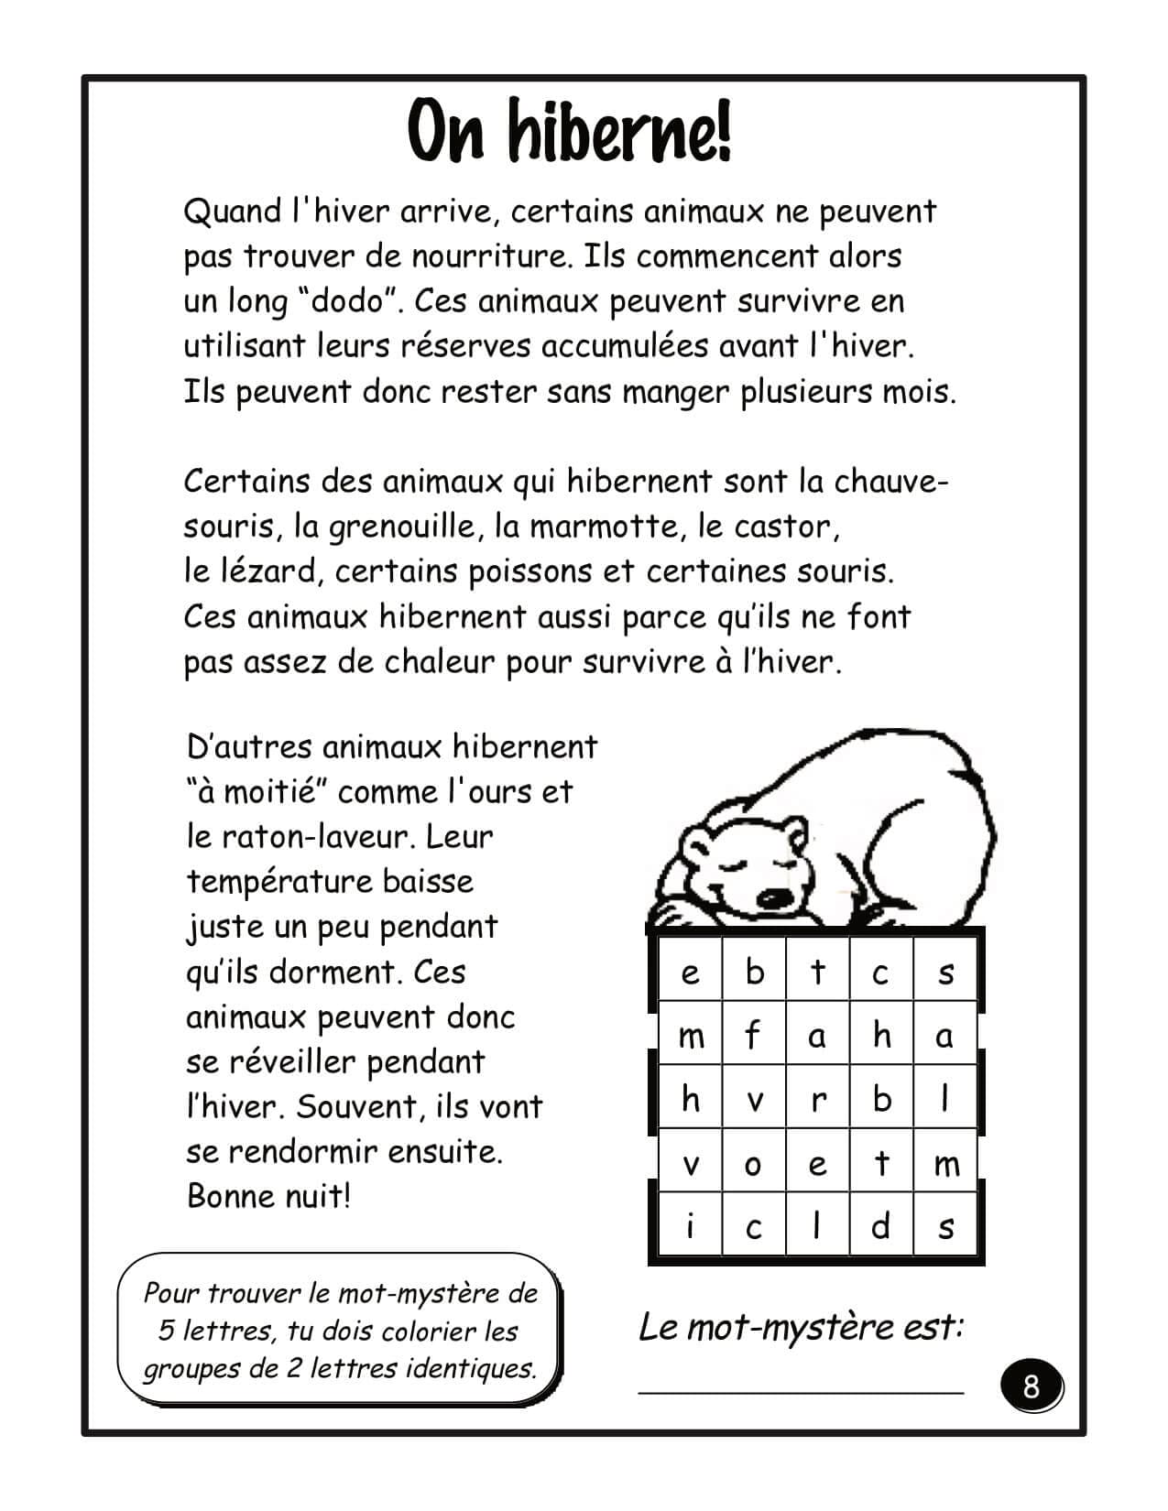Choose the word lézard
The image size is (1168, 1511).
pyautogui.click(x=271, y=572)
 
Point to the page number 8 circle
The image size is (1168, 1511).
pyautogui.click(x=1032, y=1386)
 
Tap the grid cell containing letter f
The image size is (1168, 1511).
pyautogui.click(x=753, y=1036)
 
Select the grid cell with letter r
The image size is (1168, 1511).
pyautogui.click(x=817, y=1100)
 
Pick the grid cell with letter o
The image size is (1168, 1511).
pyautogui.click(x=753, y=1164)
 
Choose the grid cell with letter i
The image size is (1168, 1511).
pyautogui.click(x=690, y=1226)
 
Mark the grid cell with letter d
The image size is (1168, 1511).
pyautogui.click(x=880, y=1226)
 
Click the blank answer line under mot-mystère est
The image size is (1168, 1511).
pyautogui.click(x=800, y=1390)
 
